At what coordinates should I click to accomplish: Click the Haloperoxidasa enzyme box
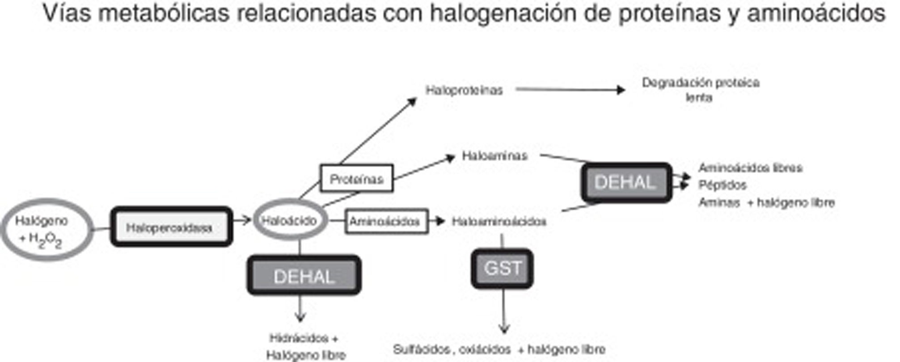click(171, 227)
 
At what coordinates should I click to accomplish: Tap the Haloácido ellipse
click(290, 220)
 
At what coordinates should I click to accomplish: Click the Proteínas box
click(356, 179)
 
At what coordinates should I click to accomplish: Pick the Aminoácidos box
click(386, 221)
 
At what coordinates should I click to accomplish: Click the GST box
click(502, 269)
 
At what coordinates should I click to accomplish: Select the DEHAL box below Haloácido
click(304, 275)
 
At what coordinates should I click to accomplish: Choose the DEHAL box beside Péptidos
click(626, 182)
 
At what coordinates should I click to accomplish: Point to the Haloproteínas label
click(464, 90)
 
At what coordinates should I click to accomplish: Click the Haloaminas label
click(494, 156)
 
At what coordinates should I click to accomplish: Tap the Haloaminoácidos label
click(499, 222)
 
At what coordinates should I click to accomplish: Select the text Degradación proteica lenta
click(701, 89)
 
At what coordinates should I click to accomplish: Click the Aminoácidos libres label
click(750, 168)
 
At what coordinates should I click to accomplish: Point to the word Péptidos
click(723, 185)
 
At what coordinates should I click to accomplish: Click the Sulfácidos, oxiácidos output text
click(499, 349)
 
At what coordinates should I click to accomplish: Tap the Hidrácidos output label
click(304, 338)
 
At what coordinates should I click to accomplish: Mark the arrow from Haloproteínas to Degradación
click(570, 90)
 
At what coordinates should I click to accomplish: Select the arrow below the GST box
click(504, 311)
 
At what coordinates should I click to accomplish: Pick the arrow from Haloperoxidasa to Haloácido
click(242, 220)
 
